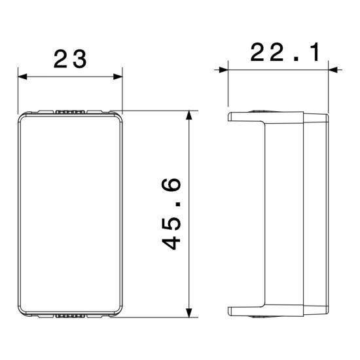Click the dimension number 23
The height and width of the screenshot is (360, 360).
[70, 59]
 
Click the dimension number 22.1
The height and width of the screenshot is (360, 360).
[285, 52]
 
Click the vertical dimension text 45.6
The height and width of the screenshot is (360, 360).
[171, 214]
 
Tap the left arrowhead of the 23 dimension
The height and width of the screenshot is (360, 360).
[22, 77]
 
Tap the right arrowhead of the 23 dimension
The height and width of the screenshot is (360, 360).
[118, 77]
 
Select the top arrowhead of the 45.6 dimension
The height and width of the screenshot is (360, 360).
[189, 115]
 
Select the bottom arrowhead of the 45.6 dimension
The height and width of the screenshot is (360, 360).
[189, 313]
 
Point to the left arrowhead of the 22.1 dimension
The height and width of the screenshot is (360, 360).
[223, 70]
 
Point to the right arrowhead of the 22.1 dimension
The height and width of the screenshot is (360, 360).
[333, 70]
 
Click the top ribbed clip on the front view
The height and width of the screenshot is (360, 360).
[70, 112]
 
